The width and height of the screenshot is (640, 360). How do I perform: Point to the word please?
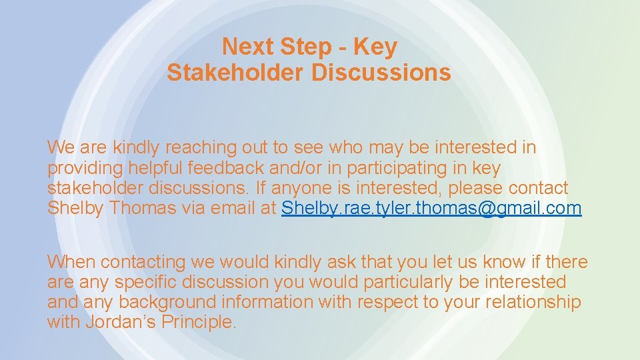[477, 188]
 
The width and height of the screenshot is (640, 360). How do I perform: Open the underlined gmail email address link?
[431, 209]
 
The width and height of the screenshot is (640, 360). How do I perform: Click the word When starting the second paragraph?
[71, 261]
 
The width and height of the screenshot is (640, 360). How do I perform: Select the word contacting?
[145, 262]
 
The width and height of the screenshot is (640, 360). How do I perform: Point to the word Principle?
[201, 323]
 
